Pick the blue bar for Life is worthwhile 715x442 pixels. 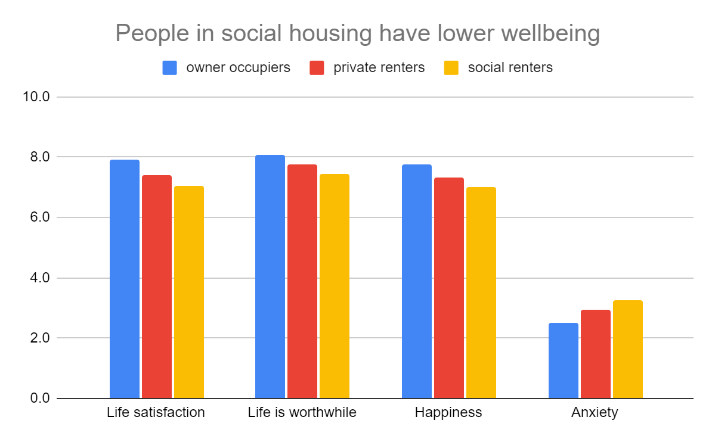(x=270, y=276)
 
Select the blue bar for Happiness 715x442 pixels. (x=417, y=281)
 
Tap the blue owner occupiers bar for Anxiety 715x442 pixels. (x=564, y=360)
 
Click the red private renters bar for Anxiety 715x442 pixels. (x=596, y=354)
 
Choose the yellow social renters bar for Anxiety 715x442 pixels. (x=628, y=349)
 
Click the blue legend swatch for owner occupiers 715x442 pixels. (x=170, y=68)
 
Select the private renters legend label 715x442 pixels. (x=379, y=68)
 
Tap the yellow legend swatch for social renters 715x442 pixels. (x=451, y=68)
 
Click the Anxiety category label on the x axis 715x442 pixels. (x=595, y=413)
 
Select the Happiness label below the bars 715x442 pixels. (x=448, y=413)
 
